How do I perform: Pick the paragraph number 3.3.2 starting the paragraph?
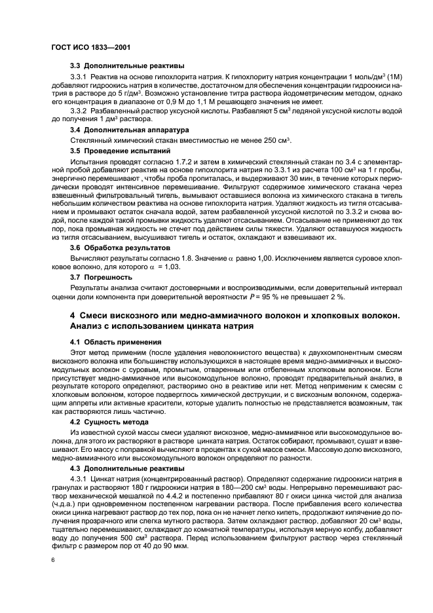(x=80, y=110)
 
